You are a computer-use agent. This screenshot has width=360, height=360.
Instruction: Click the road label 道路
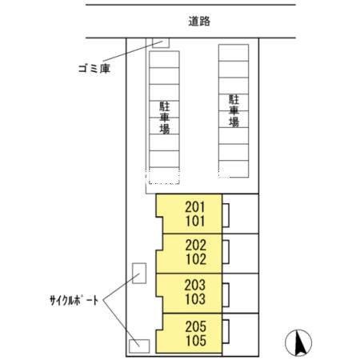(x=199, y=22)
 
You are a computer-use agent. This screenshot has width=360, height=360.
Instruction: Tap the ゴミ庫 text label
(x=94, y=69)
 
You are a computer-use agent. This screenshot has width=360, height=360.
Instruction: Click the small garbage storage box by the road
(x=161, y=43)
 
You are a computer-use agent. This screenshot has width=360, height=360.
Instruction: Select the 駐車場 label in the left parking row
(x=165, y=118)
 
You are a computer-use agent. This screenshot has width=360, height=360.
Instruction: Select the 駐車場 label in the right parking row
(x=234, y=110)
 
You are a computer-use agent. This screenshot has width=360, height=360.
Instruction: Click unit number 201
(x=195, y=207)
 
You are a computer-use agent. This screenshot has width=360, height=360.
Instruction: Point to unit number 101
(x=195, y=221)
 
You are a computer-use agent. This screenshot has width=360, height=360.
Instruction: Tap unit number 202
(x=196, y=246)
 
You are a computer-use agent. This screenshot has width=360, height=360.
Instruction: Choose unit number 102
(x=196, y=259)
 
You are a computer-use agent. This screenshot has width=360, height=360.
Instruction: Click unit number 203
(x=195, y=285)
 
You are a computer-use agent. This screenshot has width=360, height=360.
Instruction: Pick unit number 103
(x=195, y=299)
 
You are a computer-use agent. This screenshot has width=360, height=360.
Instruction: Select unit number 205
(x=196, y=326)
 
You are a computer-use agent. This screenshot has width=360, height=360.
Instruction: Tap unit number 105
(x=196, y=341)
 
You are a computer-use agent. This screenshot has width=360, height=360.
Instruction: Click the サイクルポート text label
(x=74, y=301)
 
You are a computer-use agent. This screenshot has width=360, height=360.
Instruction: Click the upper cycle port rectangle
(x=139, y=273)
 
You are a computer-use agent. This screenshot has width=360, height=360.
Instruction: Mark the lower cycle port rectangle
(x=139, y=346)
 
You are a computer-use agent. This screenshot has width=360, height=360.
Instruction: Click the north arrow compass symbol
(x=298, y=343)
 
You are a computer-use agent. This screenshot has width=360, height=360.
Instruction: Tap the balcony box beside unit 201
(x=226, y=215)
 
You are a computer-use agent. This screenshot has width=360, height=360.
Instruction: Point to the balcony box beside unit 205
(x=226, y=331)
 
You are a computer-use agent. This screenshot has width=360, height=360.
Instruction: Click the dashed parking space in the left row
(x=164, y=176)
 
